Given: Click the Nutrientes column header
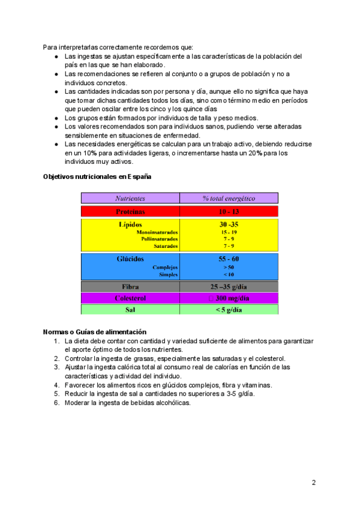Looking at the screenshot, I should [131, 197].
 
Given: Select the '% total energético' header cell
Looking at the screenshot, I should [229, 197].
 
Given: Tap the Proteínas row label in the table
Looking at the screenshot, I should [131, 211].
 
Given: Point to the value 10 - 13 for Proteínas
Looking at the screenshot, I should [229, 211].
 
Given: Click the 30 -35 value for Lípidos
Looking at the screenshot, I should [229, 224].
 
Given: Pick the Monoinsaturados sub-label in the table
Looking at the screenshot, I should [157, 232].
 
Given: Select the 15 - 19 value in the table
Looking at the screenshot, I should [229, 232].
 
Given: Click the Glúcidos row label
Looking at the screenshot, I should [130, 259].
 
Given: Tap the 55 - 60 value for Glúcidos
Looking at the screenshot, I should [229, 259].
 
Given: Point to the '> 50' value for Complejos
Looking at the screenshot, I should [229, 267].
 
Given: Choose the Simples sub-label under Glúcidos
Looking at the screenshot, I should [168, 274].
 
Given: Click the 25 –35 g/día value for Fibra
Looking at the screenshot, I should [229, 287].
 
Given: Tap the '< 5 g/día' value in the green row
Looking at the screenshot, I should [229, 310].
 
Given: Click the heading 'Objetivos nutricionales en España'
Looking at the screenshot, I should [97, 176].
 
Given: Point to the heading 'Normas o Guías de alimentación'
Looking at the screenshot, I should [95, 332].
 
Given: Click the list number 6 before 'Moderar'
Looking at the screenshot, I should [56, 403].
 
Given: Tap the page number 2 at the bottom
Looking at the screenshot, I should [314, 483].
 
